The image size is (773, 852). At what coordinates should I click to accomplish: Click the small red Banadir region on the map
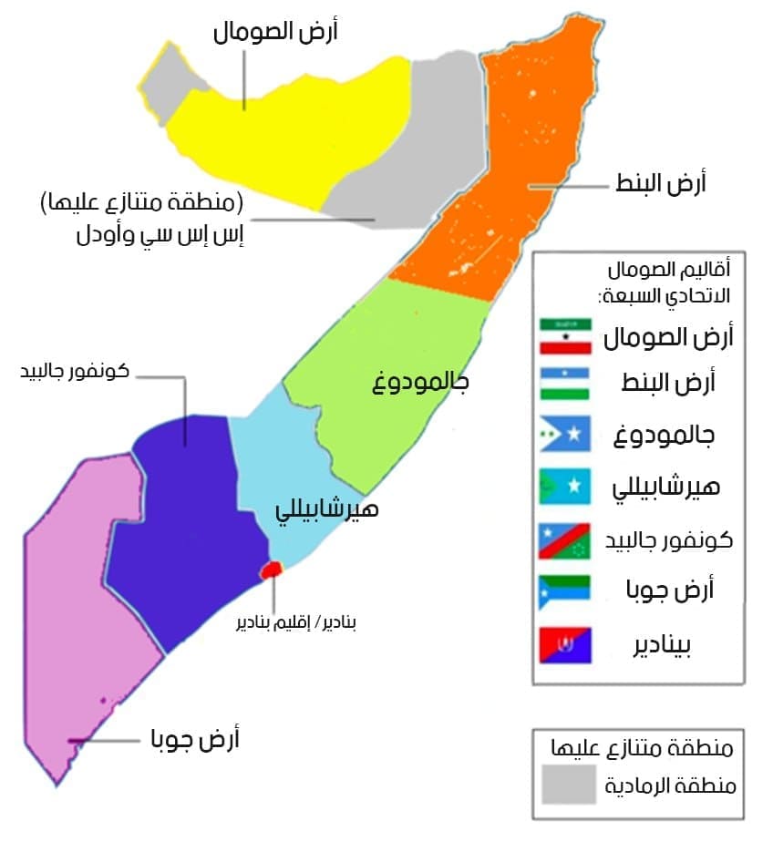271,570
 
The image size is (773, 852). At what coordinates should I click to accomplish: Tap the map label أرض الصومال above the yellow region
275,33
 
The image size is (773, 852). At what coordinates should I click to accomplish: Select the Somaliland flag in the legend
565,336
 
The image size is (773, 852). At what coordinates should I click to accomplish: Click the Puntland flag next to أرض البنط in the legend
565,383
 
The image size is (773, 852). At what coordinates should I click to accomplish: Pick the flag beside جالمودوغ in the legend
565,435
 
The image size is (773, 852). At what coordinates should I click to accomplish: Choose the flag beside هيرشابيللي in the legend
565,487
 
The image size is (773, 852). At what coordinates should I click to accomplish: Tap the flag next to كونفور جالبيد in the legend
565,539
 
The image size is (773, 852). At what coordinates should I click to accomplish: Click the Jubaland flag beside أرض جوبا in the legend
565,591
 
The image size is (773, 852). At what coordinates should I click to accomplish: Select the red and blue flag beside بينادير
565,645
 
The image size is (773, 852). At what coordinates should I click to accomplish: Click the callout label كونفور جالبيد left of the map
74,372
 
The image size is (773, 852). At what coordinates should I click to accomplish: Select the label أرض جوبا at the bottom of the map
194,738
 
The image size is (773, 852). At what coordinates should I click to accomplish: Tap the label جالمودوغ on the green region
421,381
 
